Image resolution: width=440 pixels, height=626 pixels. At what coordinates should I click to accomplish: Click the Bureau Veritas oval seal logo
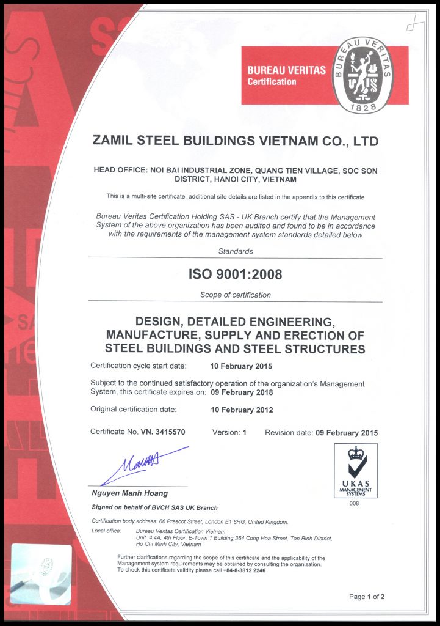(362, 75)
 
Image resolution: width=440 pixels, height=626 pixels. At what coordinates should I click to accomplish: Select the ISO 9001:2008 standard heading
(235, 274)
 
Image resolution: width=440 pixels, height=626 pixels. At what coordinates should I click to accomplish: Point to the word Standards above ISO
(235, 251)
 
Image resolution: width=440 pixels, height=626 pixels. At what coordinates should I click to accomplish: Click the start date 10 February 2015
(241, 366)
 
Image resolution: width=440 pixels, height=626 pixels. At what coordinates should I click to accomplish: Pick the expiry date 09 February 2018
(242, 392)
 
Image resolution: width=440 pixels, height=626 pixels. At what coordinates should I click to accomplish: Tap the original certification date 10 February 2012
(242, 410)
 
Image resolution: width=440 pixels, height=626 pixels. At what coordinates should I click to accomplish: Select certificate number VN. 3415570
(163, 432)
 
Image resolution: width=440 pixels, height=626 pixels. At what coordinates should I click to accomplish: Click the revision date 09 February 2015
(347, 432)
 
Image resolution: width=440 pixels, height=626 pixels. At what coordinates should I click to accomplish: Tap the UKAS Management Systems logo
(356, 471)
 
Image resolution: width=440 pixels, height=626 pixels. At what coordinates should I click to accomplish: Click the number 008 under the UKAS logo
(355, 503)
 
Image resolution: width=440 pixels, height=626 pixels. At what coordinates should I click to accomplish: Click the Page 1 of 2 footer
(366, 596)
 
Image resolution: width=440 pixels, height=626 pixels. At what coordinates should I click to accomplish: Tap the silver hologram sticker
(40, 574)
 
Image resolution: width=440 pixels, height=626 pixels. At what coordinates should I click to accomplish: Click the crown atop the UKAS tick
(356, 453)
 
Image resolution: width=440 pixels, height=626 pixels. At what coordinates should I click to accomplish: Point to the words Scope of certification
(235, 295)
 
